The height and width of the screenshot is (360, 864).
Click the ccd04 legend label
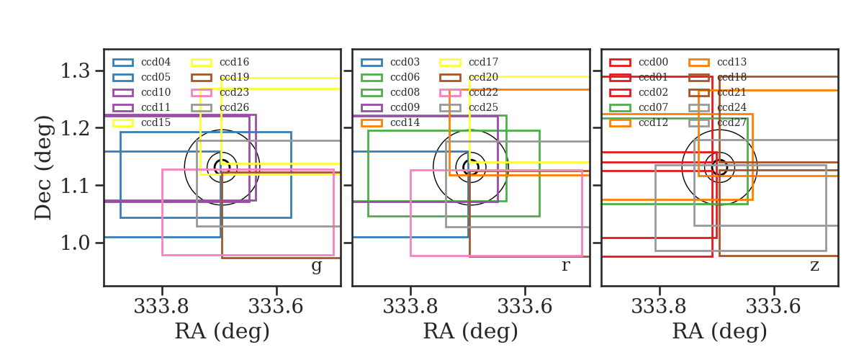point(156,62)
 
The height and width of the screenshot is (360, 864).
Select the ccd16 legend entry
point(234,62)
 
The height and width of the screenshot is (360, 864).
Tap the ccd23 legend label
point(234,92)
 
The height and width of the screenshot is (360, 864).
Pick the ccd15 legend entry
point(156,122)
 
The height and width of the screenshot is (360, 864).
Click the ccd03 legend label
point(405,62)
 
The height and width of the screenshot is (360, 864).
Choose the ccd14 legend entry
point(405,122)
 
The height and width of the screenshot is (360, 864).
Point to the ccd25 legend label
point(483,107)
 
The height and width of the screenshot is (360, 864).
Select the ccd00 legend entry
point(654,62)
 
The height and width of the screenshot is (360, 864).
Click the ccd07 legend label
point(654,107)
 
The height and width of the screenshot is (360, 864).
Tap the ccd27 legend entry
point(732,122)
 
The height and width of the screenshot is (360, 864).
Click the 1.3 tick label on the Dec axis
point(75,71)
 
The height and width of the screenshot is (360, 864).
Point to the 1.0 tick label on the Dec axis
point(75,243)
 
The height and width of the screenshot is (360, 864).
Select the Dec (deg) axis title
point(43,168)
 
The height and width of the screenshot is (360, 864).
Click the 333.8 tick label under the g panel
point(161,307)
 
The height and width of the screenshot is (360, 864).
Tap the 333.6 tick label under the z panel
point(773,307)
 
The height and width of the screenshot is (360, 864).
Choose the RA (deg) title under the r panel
point(471,331)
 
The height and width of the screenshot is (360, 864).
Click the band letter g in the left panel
point(316,266)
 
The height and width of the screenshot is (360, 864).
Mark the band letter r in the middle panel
point(565,266)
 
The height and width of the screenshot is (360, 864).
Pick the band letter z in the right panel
point(814,266)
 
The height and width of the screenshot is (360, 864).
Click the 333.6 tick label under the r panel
point(525,307)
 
